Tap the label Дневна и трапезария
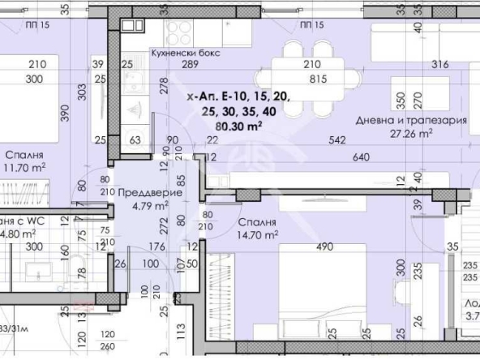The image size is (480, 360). [x=411, y=120]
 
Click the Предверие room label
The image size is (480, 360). [x=148, y=193]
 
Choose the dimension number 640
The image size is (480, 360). [x=362, y=156]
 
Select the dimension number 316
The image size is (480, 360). [x=418, y=65]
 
